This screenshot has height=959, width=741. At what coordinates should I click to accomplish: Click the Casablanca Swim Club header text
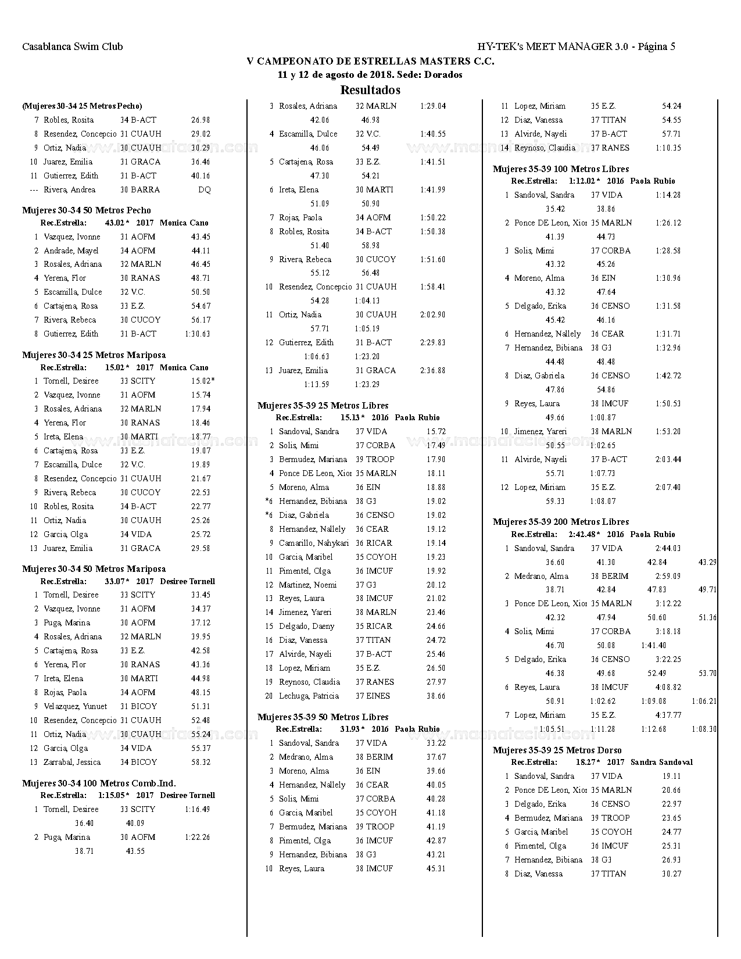click(73, 47)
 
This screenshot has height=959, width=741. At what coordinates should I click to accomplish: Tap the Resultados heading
click(370, 90)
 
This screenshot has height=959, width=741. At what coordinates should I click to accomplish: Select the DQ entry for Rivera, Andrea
click(204, 190)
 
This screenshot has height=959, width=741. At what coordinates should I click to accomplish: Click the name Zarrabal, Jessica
click(72, 763)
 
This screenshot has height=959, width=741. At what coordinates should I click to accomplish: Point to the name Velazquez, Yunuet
click(75, 707)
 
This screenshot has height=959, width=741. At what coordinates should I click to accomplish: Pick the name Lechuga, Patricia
click(309, 696)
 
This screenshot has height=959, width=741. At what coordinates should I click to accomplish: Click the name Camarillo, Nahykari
click(314, 543)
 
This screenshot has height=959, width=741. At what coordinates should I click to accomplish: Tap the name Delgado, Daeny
click(306, 627)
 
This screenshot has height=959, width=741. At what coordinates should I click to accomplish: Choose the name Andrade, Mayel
click(71, 251)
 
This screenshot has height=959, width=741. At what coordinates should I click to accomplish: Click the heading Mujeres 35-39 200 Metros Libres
click(561, 522)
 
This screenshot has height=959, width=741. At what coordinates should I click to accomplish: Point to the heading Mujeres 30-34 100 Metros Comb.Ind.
click(99, 783)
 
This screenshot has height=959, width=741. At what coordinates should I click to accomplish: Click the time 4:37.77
click(668, 715)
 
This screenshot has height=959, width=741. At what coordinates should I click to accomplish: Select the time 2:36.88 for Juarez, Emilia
click(432, 371)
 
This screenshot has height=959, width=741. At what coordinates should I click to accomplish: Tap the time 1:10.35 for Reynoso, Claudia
click(668, 148)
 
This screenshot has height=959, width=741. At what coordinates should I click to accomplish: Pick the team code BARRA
click(145, 190)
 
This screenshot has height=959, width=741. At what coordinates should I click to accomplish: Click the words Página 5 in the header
click(656, 47)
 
